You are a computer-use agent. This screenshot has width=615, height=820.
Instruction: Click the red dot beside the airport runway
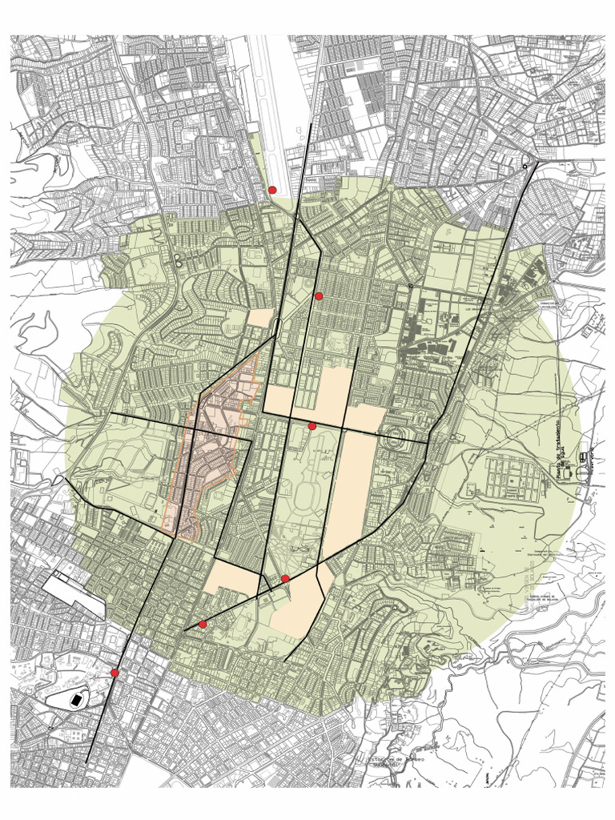click(x=272, y=190)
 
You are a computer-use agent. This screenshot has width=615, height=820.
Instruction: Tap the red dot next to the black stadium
click(x=115, y=673)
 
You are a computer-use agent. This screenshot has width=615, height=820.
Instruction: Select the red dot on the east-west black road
click(x=312, y=426)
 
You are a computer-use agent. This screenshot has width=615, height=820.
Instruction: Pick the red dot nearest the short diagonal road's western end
click(x=203, y=624)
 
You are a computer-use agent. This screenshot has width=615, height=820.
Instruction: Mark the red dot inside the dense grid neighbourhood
click(x=319, y=296)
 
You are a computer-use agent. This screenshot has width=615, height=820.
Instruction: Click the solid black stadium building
click(x=76, y=700)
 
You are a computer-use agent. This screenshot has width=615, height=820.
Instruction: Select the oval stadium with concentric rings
click(x=394, y=441)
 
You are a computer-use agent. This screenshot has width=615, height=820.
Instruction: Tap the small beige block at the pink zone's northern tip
click(x=260, y=318)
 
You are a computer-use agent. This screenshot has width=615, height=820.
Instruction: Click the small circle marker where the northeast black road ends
click(x=525, y=165)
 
